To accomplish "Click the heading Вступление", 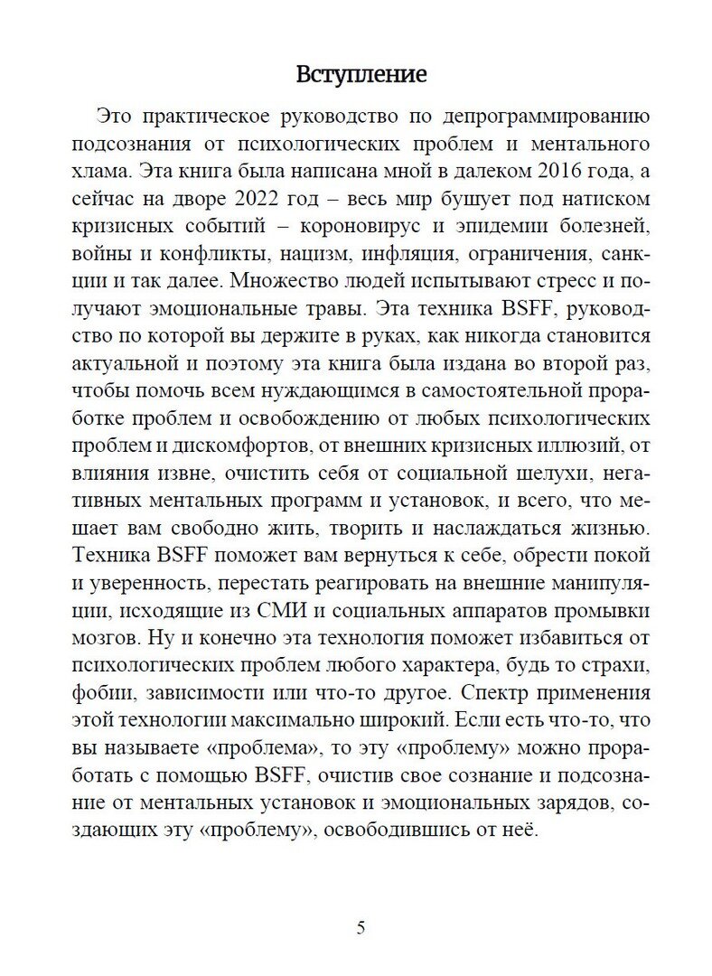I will [361, 74].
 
